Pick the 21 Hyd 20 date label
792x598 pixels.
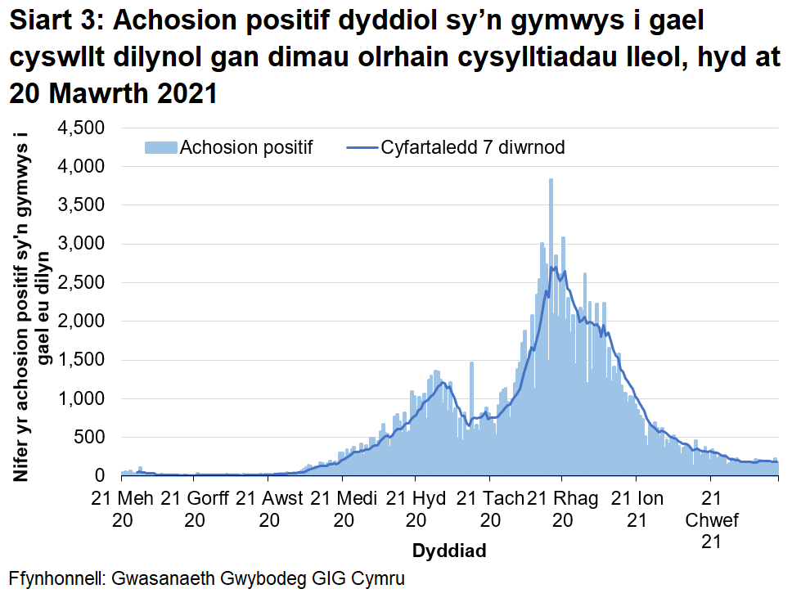coord(415,508)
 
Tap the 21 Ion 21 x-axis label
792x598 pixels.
coord(637,508)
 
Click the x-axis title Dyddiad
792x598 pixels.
coord(449,551)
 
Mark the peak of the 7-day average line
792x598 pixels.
coord(554,268)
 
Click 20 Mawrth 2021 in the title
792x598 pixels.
coord(113,92)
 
